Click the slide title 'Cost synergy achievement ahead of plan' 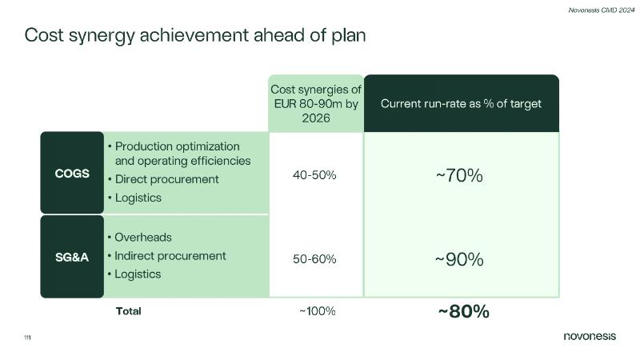[195, 36]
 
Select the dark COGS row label [72, 173]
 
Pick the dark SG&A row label [72, 256]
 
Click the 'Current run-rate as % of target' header [461, 104]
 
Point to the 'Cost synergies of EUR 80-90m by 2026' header [316, 103]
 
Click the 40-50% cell [316, 175]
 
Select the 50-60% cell [316, 259]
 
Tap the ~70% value [459, 175]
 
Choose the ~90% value [459, 259]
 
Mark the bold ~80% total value [463, 311]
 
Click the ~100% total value [317, 311]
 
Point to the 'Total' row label [129, 311]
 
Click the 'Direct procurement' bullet [166, 179]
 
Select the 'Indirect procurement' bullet [170, 256]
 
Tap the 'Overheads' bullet [143, 238]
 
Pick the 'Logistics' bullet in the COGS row [138, 198]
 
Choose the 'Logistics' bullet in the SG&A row [138, 274]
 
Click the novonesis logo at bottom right [590, 336]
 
